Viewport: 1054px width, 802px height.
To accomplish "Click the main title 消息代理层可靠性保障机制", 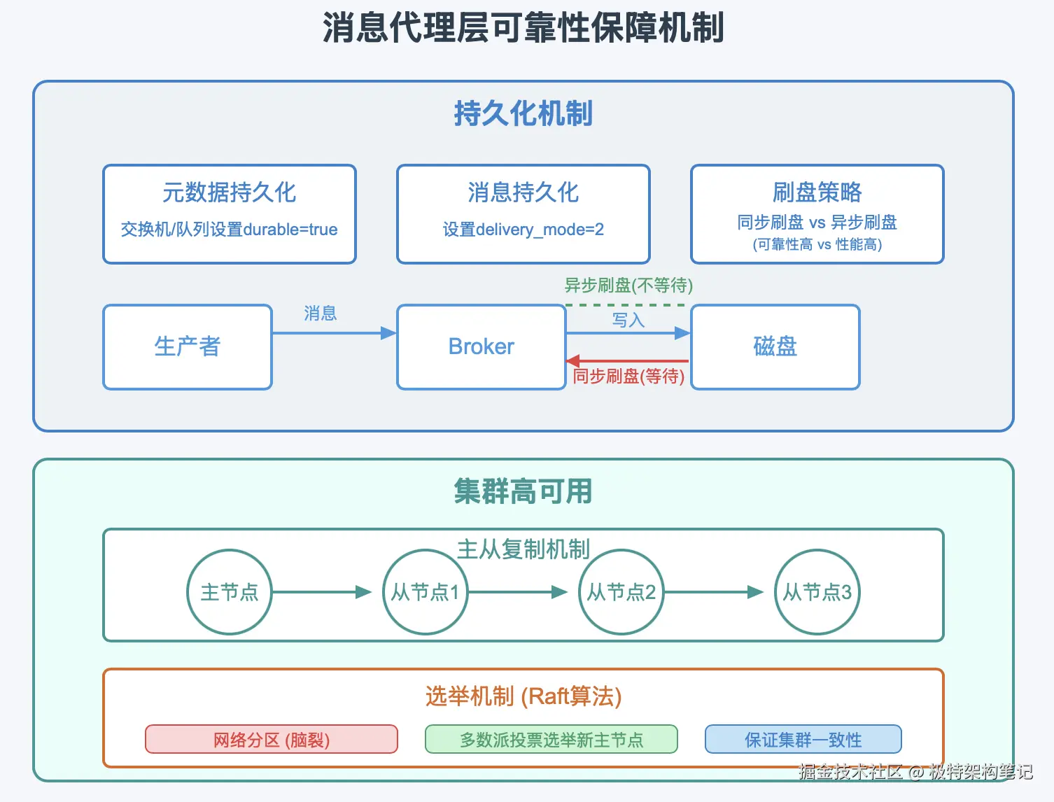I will (x=524, y=28).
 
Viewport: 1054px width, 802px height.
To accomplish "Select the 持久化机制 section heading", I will (x=524, y=113).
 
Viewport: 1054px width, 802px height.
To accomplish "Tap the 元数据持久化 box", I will (x=230, y=213).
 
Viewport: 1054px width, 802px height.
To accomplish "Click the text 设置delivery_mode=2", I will (x=524, y=230).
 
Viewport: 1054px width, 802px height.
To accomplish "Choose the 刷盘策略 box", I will (x=817, y=213).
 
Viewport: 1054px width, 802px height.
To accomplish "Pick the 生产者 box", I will (x=188, y=347).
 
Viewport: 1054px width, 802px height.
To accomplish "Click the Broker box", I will (x=482, y=347).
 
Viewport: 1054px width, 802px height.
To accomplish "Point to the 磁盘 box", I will (x=775, y=347).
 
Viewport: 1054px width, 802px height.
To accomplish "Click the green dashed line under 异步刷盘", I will (x=625, y=305).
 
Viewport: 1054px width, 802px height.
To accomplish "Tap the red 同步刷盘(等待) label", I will (x=628, y=377).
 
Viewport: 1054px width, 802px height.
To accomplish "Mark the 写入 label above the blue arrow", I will (x=628, y=321).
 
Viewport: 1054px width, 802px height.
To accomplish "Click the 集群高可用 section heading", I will (x=524, y=491).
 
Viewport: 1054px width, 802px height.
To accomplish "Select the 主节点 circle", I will (x=230, y=592).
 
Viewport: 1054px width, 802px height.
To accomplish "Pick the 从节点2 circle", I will (x=621, y=592).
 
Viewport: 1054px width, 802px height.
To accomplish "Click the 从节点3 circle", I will (x=817, y=592).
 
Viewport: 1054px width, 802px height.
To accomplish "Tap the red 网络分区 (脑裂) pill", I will (x=272, y=740).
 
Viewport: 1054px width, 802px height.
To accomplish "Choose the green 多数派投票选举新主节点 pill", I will (x=551, y=740).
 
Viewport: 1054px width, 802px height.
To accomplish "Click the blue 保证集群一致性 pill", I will (x=803, y=740).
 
